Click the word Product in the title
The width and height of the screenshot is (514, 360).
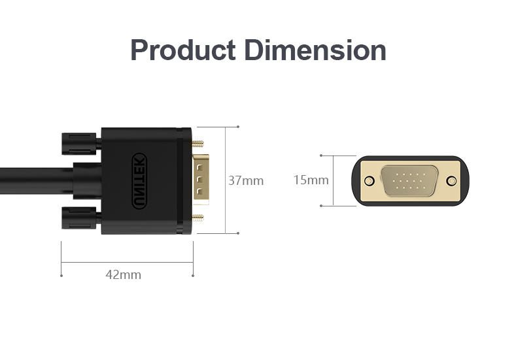182,50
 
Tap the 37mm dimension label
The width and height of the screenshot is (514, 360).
246,180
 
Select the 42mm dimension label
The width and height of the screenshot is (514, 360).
123,274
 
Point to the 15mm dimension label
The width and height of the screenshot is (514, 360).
311,180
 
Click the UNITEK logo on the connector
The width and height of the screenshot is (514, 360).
139,181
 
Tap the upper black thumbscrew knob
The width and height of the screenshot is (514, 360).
80,143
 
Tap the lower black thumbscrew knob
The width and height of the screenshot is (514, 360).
80,218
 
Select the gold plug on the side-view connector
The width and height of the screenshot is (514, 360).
201,180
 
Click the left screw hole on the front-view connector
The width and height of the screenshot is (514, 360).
369,181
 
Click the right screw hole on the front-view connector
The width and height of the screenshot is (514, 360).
451,181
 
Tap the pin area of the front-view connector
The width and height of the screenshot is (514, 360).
410,181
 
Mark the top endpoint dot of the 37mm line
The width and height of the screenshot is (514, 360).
238,127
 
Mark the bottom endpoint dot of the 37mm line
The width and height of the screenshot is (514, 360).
238,233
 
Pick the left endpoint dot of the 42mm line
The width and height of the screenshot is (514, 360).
61,275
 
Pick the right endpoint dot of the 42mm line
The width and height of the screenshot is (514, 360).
193,275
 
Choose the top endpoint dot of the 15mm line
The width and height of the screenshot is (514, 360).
321,155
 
